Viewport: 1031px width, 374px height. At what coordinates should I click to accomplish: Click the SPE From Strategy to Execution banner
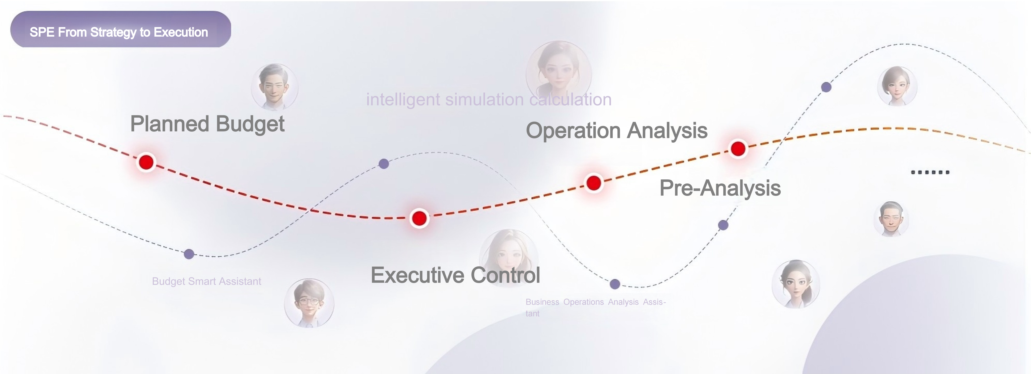point(120,29)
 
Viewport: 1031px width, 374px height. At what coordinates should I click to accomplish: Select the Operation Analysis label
point(616,131)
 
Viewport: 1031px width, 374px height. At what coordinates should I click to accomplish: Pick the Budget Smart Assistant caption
point(206,281)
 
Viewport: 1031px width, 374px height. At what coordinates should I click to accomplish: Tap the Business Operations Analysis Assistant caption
point(595,308)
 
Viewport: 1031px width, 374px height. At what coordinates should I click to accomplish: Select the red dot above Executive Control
point(419,218)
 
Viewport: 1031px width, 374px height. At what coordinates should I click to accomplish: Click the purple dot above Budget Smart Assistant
point(189,254)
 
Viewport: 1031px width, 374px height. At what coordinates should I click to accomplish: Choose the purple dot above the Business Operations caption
point(615,284)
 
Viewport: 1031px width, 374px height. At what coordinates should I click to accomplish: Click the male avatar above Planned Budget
point(275,87)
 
